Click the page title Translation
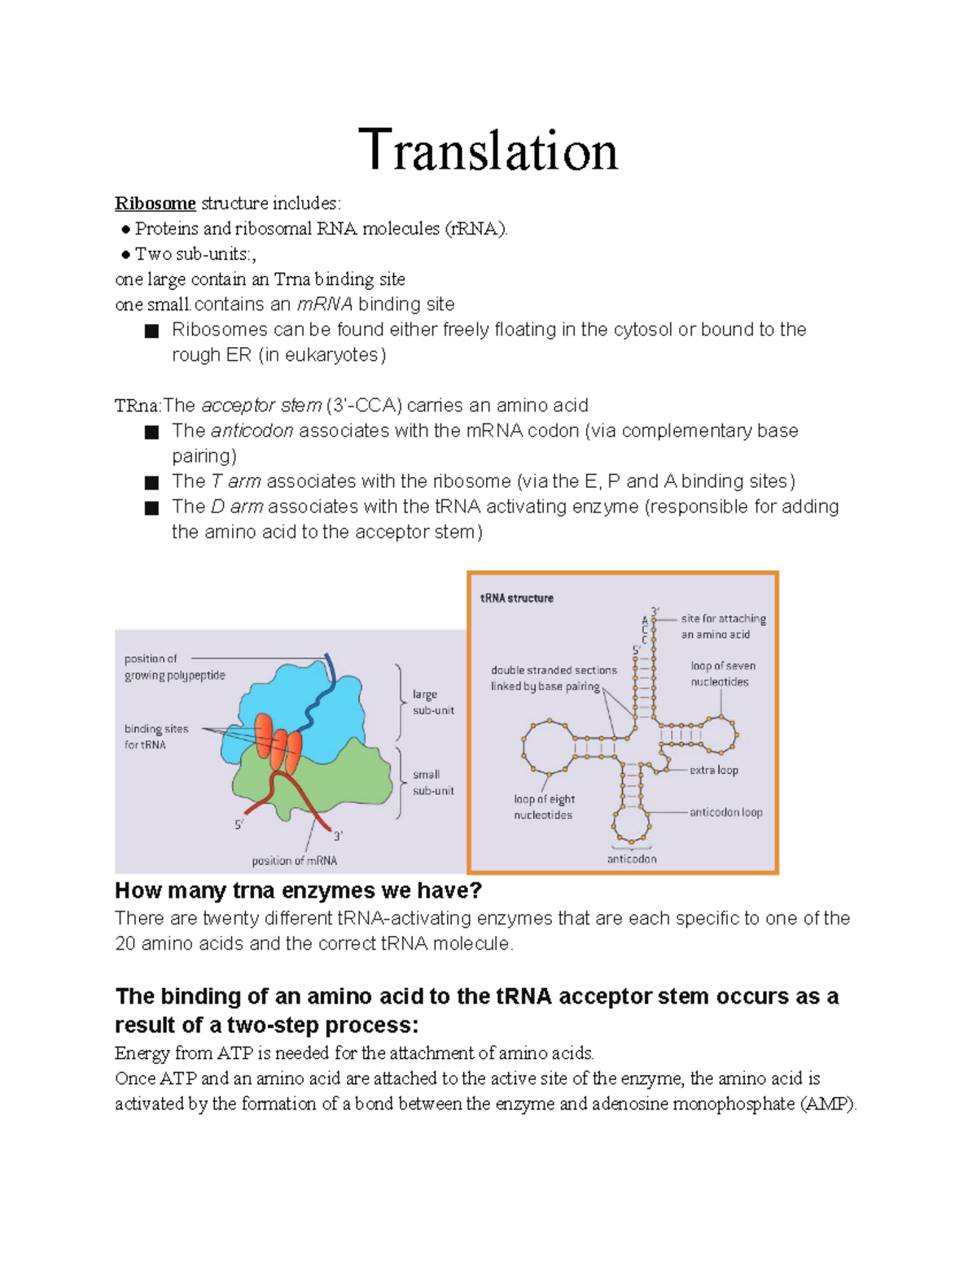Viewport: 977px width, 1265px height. click(488, 151)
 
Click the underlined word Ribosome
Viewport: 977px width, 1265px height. click(155, 203)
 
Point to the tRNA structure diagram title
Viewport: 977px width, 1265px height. click(516, 598)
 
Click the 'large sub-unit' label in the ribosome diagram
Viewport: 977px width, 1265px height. click(432, 702)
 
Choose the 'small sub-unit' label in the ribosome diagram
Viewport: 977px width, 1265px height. click(432, 782)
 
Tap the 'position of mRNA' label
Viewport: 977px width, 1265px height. click(294, 860)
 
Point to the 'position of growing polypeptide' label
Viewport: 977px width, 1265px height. click(174, 667)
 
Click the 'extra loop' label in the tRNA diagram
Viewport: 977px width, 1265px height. click(713, 770)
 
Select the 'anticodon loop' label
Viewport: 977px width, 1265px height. click(725, 812)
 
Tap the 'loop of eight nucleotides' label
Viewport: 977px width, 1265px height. click(544, 806)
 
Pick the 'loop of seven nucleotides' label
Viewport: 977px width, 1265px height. click(722, 674)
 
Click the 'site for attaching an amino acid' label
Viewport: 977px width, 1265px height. click(723, 626)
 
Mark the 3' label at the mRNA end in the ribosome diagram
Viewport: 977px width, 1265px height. click(338, 836)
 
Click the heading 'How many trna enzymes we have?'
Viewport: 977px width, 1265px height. click(298, 890)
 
